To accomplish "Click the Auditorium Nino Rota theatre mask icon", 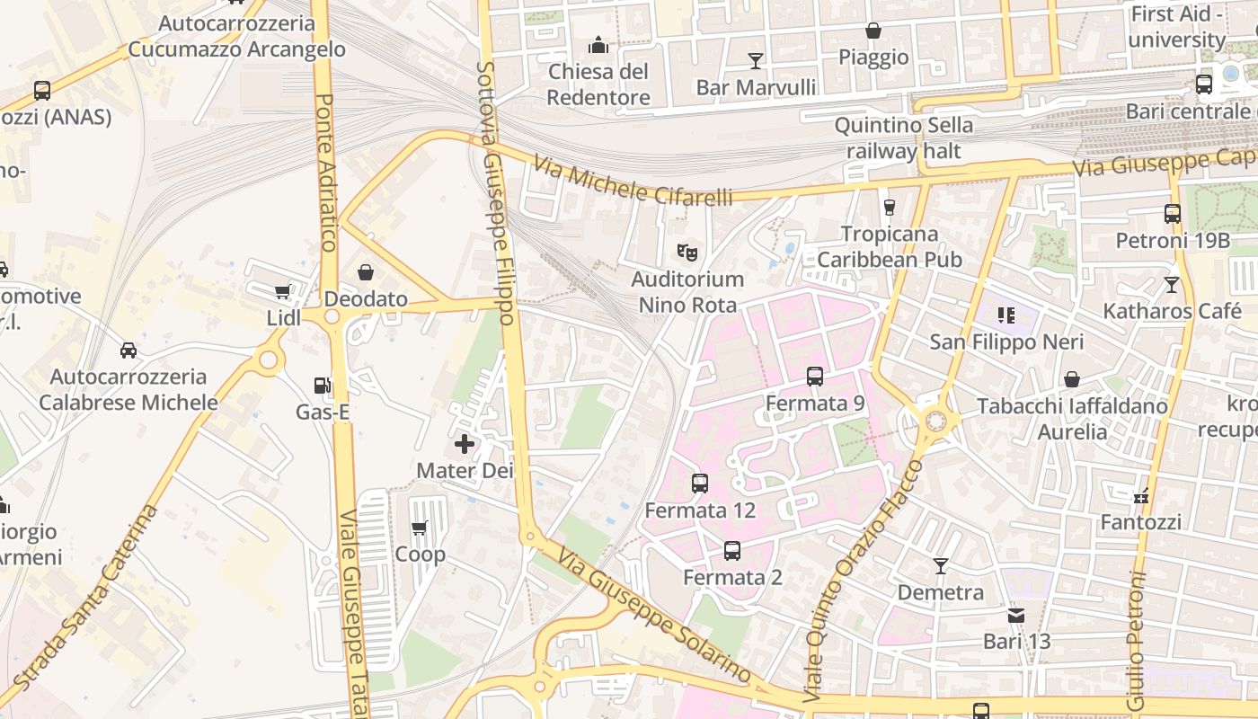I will pyautogui.click(x=687, y=252).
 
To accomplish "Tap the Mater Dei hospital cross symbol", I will pyautogui.click(x=465, y=443).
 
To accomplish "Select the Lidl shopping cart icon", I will pyautogui.click(x=283, y=291).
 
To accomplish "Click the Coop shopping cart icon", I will pyautogui.click(x=419, y=528).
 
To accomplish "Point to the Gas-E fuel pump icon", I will pyautogui.click(x=322, y=386).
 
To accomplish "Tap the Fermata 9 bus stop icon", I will pyautogui.click(x=815, y=377).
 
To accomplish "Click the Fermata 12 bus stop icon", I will pyautogui.click(x=700, y=484).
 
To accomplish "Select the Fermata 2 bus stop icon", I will pyautogui.click(x=732, y=550).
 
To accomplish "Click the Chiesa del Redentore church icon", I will pyautogui.click(x=598, y=45).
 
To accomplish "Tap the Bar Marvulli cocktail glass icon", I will pyautogui.click(x=756, y=60).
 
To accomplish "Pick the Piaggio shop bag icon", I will pyautogui.click(x=873, y=31).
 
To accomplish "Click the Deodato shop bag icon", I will pyautogui.click(x=366, y=271).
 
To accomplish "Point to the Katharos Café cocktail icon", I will pyautogui.click(x=1172, y=285).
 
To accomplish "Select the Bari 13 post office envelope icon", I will pyautogui.click(x=1016, y=616).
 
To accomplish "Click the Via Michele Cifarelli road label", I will pyautogui.click(x=633, y=181).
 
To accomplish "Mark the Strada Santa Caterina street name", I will pyautogui.click(x=85, y=599).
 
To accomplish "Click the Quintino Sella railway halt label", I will pyautogui.click(x=903, y=138).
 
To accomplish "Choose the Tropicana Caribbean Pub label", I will pyautogui.click(x=890, y=246).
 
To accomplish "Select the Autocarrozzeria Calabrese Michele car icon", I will pyautogui.click(x=128, y=350).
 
